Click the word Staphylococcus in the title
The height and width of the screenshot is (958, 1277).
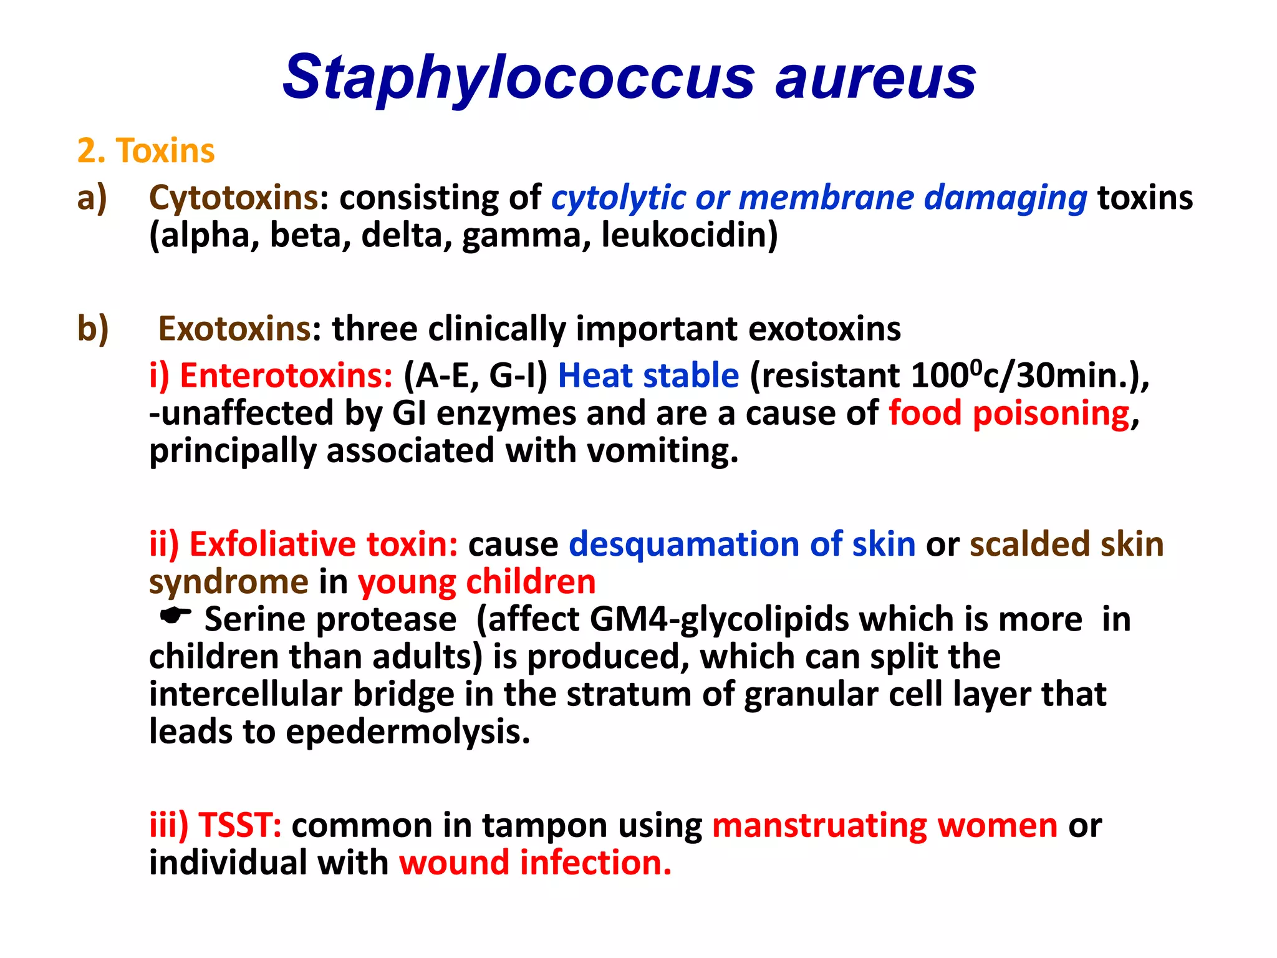pos(518,77)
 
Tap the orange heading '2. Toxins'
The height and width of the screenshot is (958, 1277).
pos(146,151)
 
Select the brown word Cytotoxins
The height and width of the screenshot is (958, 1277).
pos(234,198)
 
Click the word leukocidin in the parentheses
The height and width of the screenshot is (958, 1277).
pos(690,236)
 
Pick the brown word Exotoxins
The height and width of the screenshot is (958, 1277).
pos(234,329)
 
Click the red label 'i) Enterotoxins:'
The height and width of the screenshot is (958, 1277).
pos(271,376)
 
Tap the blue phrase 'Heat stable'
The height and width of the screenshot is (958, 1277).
pos(648,376)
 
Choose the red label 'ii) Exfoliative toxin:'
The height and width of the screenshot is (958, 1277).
pos(304,544)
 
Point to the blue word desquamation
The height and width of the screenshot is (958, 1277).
pos(683,544)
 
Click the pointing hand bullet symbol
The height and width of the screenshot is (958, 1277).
pos(175,617)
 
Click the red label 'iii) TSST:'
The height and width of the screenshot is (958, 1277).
pos(215,826)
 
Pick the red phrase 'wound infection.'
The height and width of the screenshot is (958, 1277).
pos(535,863)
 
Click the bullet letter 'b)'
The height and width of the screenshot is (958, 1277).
pos(93,329)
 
